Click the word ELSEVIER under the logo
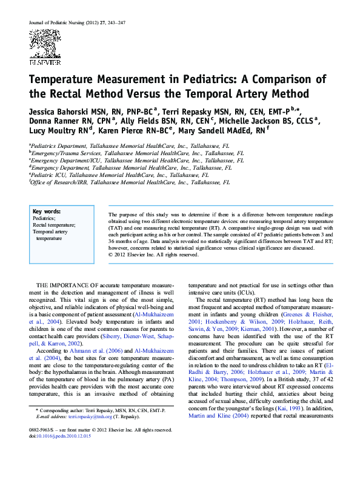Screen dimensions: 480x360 (45, 62)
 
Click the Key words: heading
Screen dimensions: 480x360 (46, 211)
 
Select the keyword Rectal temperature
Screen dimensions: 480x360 (54, 225)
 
